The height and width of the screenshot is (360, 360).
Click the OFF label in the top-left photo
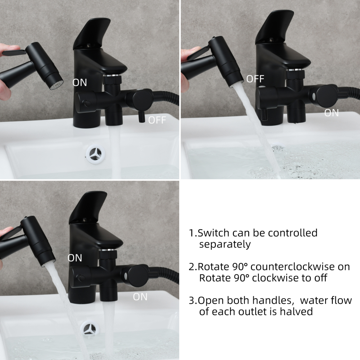click(x=157, y=120)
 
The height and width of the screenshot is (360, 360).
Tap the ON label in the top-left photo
click(x=80, y=82)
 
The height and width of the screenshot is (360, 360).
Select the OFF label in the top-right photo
click(x=255, y=79)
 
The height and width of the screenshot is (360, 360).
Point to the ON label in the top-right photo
click(x=331, y=113)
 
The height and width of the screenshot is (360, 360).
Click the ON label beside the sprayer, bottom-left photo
click(x=75, y=258)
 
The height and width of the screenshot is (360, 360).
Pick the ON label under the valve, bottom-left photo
click(x=140, y=297)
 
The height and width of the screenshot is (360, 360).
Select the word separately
click(x=225, y=244)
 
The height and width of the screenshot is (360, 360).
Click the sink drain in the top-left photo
click(x=95, y=153)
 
